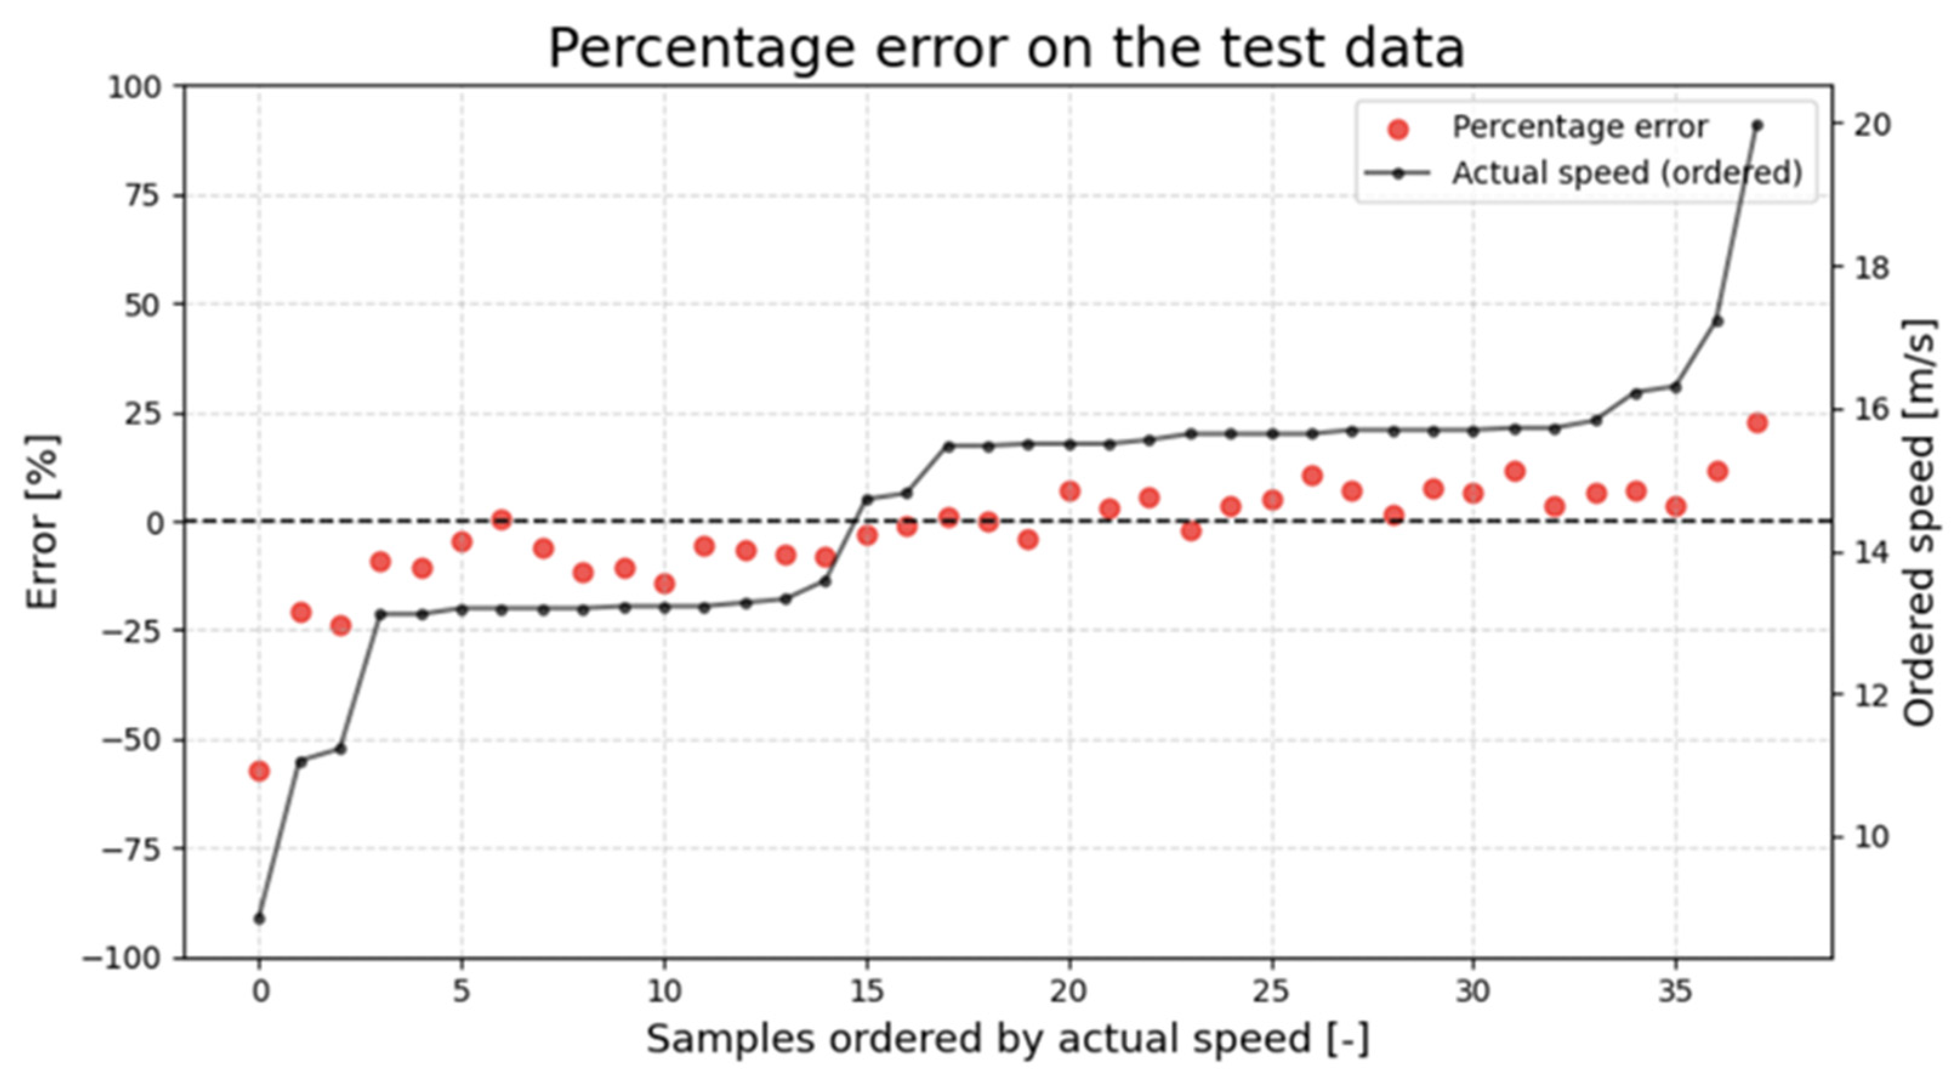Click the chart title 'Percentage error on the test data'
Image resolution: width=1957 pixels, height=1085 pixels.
(x=1006, y=49)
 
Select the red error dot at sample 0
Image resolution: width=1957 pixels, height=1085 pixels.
(x=259, y=771)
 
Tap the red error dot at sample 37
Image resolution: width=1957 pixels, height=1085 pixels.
(x=1756, y=423)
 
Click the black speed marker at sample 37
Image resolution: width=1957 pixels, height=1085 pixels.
(x=1756, y=126)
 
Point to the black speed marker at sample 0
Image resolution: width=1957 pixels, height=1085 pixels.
(x=259, y=919)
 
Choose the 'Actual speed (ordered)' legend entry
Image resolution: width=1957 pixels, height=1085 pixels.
(x=1583, y=173)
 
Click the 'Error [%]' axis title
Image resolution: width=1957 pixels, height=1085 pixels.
(x=42, y=522)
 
